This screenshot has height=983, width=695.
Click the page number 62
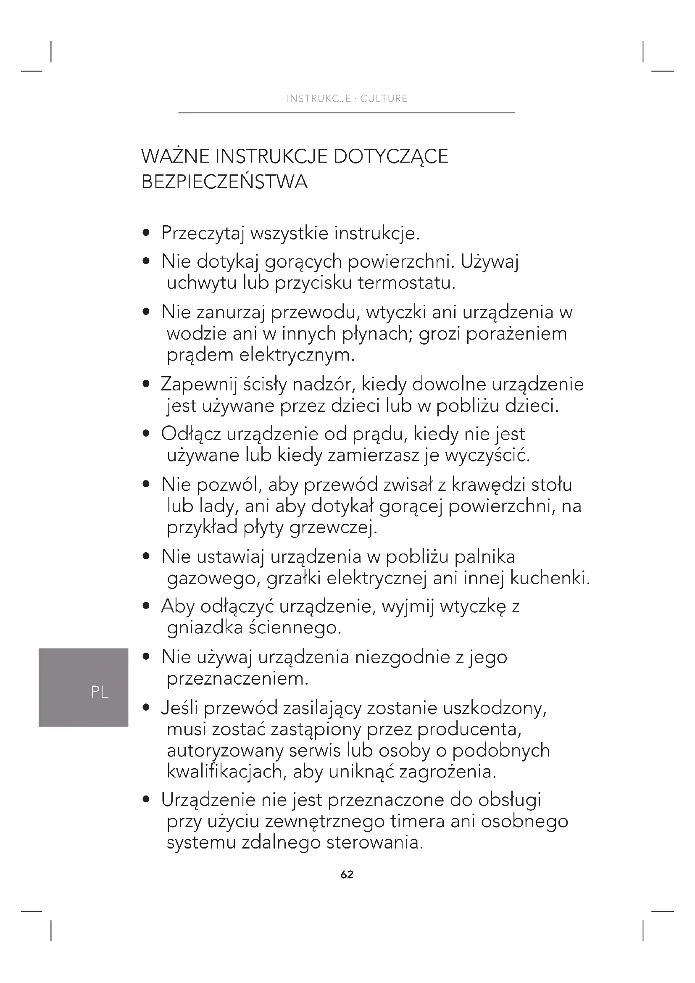tap(347, 874)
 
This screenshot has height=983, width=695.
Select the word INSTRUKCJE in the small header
tap(319, 98)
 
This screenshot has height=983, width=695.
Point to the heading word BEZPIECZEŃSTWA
tap(224, 182)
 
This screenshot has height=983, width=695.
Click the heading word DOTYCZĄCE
tap(390, 157)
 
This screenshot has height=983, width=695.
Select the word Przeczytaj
tap(203, 234)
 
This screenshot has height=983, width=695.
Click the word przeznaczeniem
tap(237, 679)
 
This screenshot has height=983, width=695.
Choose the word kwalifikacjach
tap(227, 772)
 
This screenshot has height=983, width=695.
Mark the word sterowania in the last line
tap(374, 843)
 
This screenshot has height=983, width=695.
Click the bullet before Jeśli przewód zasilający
tap(146, 709)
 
